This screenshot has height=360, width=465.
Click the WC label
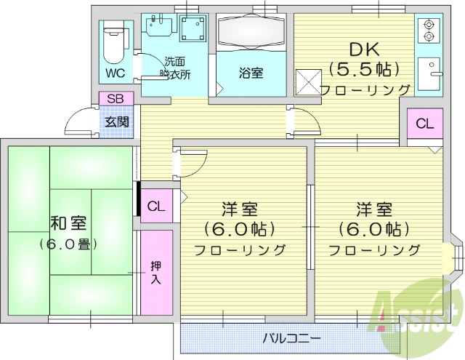115,73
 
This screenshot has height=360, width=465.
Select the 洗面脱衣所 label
175,68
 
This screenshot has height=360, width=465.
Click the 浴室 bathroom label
251,73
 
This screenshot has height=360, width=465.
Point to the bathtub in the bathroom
251,33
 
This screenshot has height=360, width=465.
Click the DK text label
365,49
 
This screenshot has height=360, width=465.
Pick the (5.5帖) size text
365,69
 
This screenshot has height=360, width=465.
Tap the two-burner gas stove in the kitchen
429,29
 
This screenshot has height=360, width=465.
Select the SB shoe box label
115,99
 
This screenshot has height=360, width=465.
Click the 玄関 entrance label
115,121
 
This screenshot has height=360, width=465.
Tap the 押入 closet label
156,271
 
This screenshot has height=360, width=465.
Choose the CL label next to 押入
156,207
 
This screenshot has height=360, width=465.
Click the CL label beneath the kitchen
425,124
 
